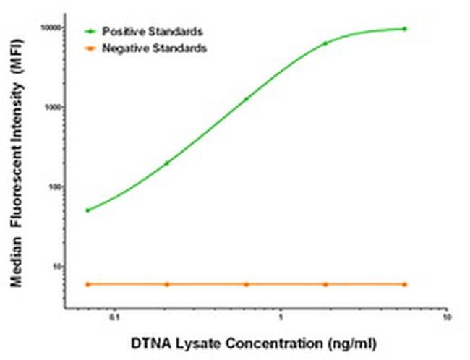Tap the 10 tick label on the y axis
coord(59,266)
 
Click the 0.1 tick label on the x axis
coord(114,317)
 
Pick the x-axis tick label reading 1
coord(281,317)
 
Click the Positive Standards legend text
coord(152,32)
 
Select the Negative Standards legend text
coord(154,48)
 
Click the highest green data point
coord(404,29)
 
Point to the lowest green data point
coord(87,210)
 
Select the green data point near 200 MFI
coord(167,163)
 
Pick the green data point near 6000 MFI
coord(325,43)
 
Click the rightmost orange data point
coord(404,284)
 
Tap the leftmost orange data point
coord(87,284)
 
